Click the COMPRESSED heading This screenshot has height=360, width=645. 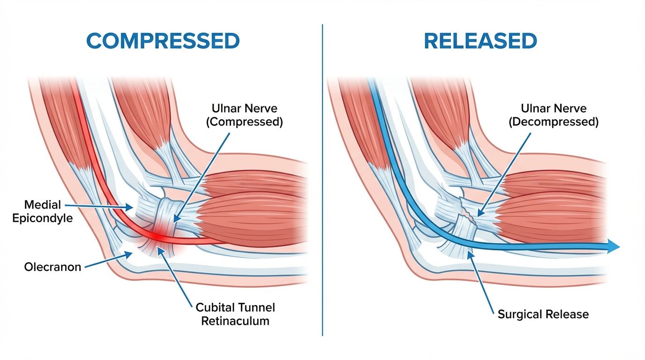pyautogui.click(x=163, y=41)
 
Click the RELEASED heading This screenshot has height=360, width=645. pyautogui.click(x=480, y=41)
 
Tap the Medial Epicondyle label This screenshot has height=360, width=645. pyautogui.click(x=42, y=211)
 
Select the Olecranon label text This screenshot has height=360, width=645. pyautogui.click(x=52, y=267)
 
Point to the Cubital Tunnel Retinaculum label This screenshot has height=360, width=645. pyautogui.click(x=235, y=314)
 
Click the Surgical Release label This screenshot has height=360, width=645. pyautogui.click(x=543, y=314)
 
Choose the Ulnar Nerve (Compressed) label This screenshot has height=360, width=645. pyautogui.click(x=245, y=115)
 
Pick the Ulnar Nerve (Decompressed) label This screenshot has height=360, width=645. pyautogui.click(x=554, y=115)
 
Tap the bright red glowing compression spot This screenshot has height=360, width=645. pyautogui.click(x=157, y=237)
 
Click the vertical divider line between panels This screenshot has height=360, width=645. pyautogui.click(x=322, y=180)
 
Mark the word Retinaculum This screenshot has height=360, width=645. pyautogui.click(x=235, y=321)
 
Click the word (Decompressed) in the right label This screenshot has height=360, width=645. pyautogui.click(x=554, y=122)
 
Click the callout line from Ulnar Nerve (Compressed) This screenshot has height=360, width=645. pyautogui.click(x=202, y=178)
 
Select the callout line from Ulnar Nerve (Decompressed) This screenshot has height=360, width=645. pyautogui.click(x=504, y=174)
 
